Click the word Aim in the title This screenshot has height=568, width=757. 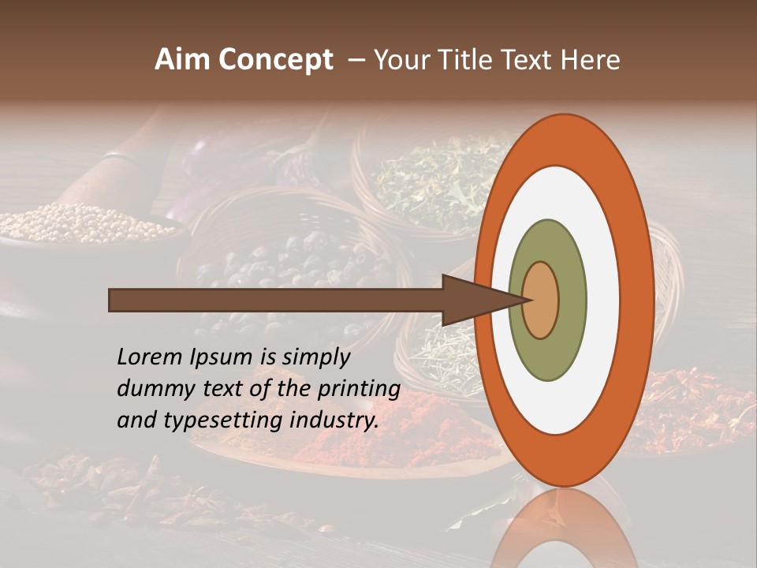(183, 60)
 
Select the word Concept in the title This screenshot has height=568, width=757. (276, 60)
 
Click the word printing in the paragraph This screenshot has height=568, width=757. (359, 389)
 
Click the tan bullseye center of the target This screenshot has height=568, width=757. (541, 300)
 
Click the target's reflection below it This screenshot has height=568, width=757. (564, 529)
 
